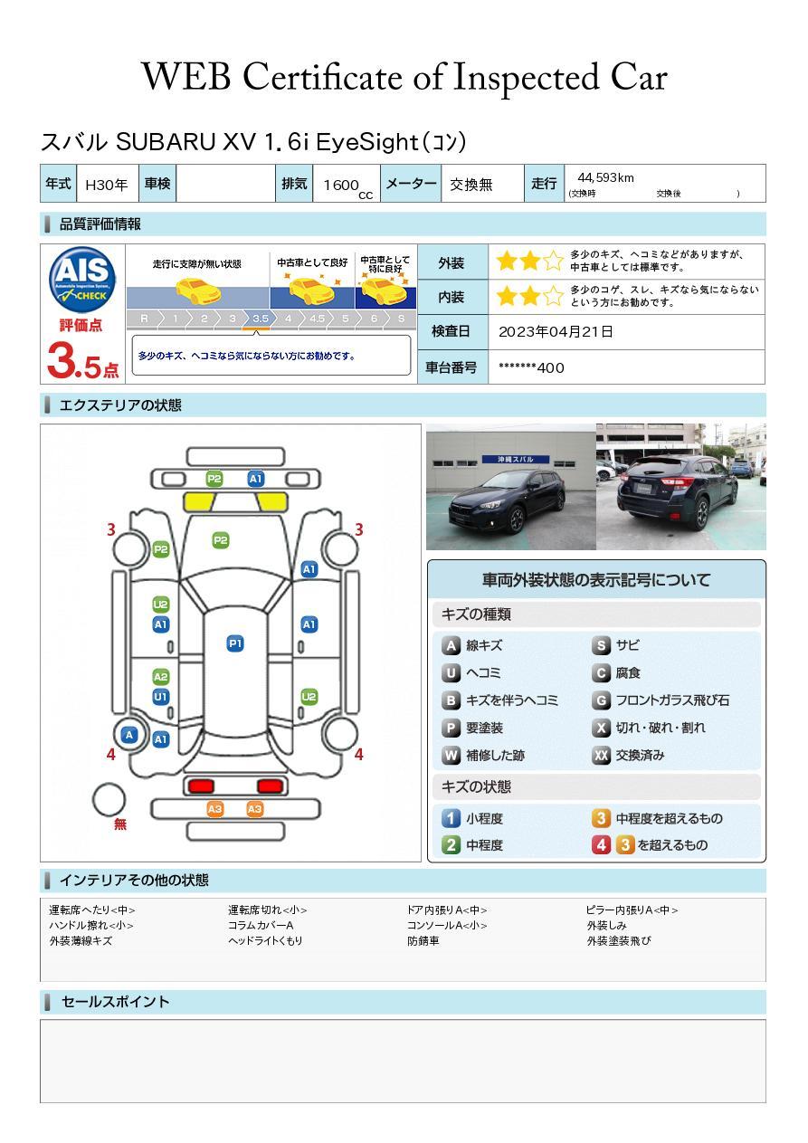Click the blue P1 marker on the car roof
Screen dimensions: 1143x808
pos(235,643)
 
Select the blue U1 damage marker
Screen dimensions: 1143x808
pos(160,697)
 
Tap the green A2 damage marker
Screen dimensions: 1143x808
pos(160,677)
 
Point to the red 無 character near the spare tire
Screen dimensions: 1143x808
pos(120,824)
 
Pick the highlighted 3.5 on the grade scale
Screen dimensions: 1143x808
pos(260,319)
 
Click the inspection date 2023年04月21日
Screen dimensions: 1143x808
pos(556,331)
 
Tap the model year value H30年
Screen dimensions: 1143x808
pos(106,185)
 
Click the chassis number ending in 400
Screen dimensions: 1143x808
pos(531,367)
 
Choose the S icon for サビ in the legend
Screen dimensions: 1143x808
pos(601,645)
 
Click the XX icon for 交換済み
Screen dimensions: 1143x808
pos(601,755)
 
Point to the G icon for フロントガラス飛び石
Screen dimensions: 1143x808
pos(601,700)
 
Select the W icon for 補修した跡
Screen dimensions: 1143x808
pos(451,755)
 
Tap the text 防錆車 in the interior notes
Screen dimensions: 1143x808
pos(423,941)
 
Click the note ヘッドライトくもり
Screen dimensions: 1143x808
pos(265,941)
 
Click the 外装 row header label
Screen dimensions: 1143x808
pos(451,262)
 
